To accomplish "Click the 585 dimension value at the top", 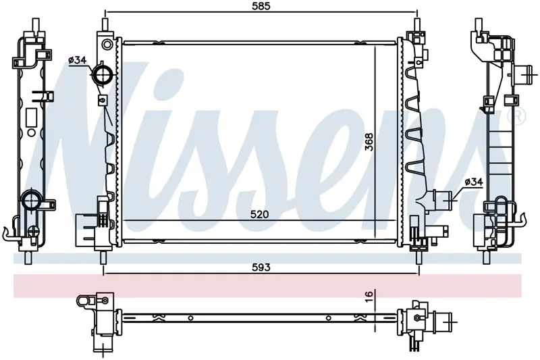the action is click(261, 6).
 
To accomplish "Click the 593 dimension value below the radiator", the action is click(261, 267).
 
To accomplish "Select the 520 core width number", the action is click(259, 215).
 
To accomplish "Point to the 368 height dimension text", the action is click(369, 142).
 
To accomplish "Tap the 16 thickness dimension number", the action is click(369, 296).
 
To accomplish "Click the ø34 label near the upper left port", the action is click(77, 60).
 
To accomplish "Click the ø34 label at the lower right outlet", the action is click(474, 182).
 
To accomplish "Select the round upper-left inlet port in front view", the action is click(103, 75).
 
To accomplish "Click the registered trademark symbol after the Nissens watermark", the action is click(520, 115).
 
